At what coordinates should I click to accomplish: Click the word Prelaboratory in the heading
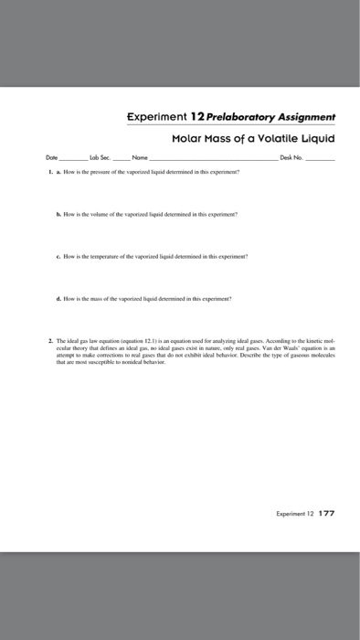(233, 118)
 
